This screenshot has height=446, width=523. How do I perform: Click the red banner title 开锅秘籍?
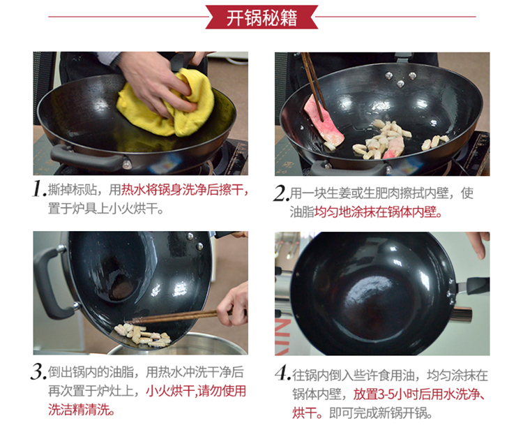(261, 17)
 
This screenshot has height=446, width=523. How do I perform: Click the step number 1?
(39, 188)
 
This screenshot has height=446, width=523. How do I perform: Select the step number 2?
(281, 193)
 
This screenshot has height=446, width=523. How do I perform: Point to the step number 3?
(38, 371)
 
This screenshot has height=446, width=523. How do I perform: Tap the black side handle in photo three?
(50, 284)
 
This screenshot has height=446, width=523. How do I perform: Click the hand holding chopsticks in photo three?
(234, 304)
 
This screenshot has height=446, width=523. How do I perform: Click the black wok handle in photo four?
(477, 285)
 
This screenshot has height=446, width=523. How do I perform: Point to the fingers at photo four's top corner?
(479, 244)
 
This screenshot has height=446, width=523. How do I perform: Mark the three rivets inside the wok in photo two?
(400, 79)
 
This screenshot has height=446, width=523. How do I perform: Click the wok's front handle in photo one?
(87, 158)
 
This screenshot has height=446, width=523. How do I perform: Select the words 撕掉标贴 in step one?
(72, 190)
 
